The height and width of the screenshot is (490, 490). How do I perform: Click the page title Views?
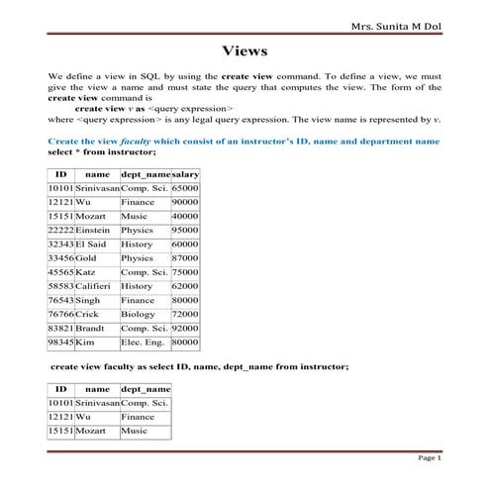coord(245,50)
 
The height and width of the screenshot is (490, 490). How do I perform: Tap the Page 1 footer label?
coord(430,457)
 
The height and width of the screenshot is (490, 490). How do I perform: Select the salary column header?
coord(185,173)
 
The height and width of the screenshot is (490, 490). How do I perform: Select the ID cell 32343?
coord(60,244)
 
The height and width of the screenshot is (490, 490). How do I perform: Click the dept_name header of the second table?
coord(145,390)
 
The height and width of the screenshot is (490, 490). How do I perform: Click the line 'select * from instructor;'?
coord(102,152)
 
